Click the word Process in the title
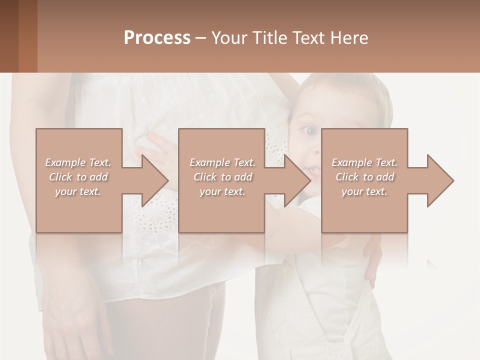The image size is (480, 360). (157, 38)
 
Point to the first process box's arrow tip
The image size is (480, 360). (167, 180)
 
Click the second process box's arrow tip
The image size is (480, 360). (309, 180)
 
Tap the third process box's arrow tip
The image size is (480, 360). (452, 180)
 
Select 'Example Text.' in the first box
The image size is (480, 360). (78, 162)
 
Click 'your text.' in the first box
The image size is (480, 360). (78, 191)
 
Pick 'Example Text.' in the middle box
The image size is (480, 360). (222, 162)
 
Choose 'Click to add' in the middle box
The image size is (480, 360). (222, 177)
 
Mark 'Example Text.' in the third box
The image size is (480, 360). (364, 162)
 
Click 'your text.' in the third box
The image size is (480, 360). (364, 191)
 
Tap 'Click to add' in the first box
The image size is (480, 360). (78, 177)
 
